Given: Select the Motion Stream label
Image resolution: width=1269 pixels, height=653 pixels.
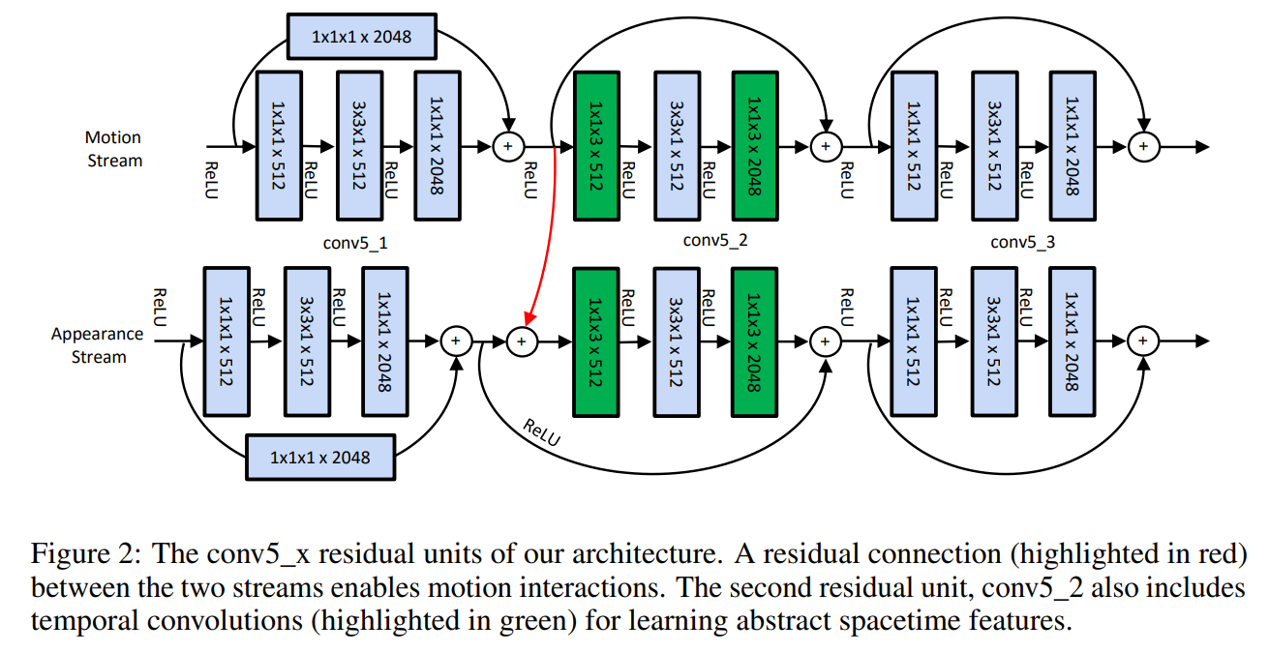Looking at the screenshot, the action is [113, 149].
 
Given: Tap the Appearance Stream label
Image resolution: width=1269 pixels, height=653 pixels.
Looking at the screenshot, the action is [98, 345].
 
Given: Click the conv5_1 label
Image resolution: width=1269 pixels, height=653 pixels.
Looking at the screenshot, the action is [355, 243].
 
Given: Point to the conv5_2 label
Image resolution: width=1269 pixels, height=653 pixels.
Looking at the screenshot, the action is [715, 241].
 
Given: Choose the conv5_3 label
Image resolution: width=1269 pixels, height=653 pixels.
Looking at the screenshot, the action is [1022, 243].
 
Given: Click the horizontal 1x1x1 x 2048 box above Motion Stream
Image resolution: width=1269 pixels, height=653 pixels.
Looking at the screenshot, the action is [362, 37].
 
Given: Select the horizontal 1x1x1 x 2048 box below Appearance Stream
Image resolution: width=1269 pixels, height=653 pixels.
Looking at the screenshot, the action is [320, 458].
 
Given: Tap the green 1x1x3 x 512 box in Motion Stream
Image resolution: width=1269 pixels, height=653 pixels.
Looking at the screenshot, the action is [596, 146].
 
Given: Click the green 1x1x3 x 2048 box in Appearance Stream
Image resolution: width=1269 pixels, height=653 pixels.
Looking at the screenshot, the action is [754, 342].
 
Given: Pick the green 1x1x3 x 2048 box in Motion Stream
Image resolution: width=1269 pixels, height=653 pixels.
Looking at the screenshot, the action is [755, 146].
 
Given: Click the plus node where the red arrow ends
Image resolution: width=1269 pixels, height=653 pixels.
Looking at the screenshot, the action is [522, 341].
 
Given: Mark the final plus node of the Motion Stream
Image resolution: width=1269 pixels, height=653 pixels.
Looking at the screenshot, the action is [1144, 146].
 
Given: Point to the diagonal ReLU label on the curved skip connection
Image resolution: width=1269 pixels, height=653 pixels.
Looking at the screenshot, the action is [541, 432].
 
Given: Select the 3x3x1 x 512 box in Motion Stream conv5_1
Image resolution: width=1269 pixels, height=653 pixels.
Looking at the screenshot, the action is [360, 145].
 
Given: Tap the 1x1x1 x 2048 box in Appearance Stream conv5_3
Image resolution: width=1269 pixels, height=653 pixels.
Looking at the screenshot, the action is [1072, 341].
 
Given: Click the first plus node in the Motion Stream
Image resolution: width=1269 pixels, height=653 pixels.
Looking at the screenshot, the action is [508, 146].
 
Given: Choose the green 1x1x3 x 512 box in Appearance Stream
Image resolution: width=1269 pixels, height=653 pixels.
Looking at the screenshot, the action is [595, 342].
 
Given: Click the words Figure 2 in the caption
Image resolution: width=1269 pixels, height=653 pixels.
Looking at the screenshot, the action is [85, 554].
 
